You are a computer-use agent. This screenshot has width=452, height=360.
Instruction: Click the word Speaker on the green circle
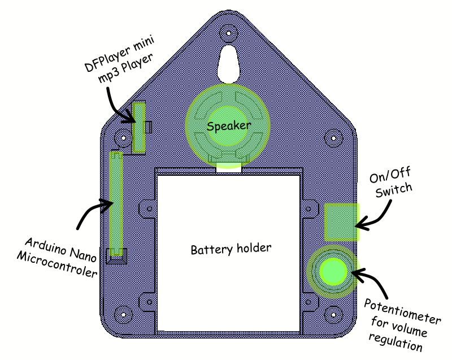pos(228,126)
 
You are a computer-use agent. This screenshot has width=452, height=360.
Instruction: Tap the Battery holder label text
pos(231,249)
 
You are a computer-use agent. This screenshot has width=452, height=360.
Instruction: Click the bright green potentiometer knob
pos(332,271)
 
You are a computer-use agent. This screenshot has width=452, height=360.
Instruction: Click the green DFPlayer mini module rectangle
pos(139,128)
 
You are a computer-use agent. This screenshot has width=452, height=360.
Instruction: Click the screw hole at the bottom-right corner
pos(333,313)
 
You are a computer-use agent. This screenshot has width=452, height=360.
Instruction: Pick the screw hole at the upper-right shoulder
pos(333,137)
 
